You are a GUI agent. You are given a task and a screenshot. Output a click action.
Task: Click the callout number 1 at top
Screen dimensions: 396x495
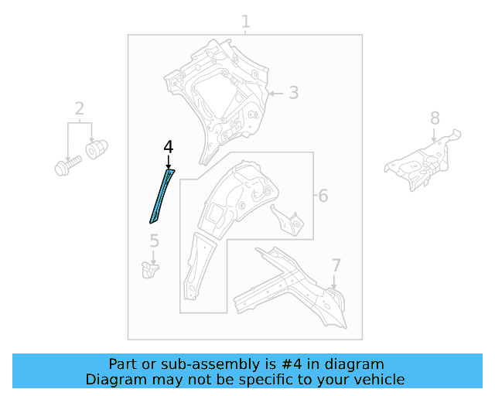click(245, 22)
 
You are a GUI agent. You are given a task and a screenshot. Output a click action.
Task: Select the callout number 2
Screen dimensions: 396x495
click(79, 108)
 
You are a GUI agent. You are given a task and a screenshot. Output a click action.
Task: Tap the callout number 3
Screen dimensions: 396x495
click(293, 94)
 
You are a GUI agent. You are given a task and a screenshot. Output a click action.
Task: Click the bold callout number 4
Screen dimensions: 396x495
click(168, 147)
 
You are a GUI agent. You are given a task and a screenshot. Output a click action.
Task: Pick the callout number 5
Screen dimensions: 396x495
click(154, 241)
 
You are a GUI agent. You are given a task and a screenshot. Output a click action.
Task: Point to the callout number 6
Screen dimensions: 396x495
click(323, 196)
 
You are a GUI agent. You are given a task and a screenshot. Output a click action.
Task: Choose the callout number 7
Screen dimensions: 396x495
click(336, 266)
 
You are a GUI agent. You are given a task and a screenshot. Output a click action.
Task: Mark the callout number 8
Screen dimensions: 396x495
click(435, 118)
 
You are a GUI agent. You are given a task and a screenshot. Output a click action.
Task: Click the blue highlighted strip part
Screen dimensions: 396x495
click(161, 196)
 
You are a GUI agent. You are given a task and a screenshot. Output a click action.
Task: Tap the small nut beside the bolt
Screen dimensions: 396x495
click(97, 148)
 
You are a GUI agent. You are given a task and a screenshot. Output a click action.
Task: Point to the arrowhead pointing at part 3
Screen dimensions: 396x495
click(271, 94)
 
